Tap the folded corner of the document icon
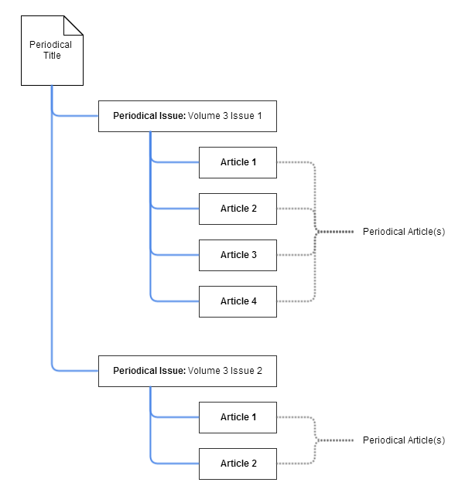[74, 25]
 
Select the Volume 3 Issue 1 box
[187, 116]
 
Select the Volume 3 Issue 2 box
[187, 371]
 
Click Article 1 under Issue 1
[238, 162]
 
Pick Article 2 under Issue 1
[238, 209]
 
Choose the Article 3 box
[238, 255]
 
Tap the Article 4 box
[238, 301]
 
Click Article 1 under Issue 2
[238, 417]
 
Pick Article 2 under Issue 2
[238, 464]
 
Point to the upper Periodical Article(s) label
[404, 232]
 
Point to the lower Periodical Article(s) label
[404, 440]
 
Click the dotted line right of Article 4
[294, 301]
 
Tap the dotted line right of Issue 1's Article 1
[294, 162]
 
